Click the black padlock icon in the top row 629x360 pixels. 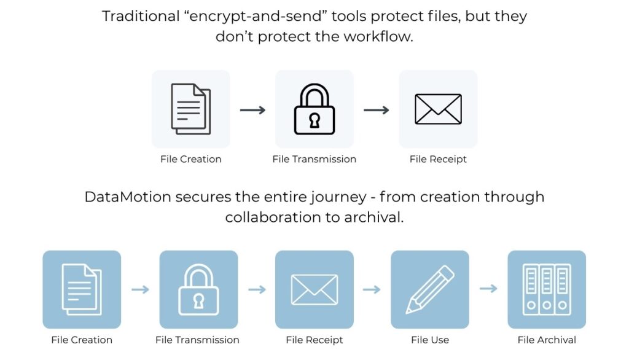coord(314,109)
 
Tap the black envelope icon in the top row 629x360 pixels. coord(438,109)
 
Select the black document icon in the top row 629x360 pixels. coord(190,109)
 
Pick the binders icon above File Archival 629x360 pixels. coord(546,289)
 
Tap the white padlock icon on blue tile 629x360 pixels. coord(198,290)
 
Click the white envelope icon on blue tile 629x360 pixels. coord(314,290)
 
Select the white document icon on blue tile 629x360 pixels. coord(82,290)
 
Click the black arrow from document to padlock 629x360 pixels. coord(252,110)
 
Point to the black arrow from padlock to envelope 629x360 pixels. coord(376,110)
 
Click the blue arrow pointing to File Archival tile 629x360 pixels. coord(488,289)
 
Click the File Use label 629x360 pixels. coord(430,340)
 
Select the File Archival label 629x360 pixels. coord(547,340)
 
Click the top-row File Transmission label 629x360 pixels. coord(314,159)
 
